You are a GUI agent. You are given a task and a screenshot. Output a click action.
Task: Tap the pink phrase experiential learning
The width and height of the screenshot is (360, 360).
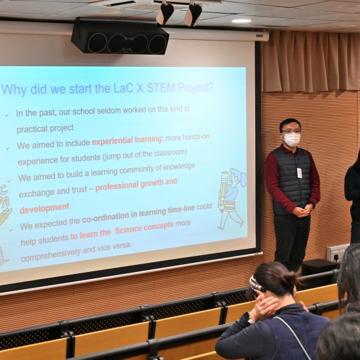coord(127,140)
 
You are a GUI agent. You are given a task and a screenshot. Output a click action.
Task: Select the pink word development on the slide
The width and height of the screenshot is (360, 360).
coord(44,208)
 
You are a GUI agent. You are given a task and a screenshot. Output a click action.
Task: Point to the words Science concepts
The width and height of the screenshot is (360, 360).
coord(144,228)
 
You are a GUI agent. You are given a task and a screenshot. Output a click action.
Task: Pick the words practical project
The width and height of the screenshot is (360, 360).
coord(45,129)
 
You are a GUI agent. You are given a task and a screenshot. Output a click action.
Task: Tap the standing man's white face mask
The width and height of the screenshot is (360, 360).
coord(291,139)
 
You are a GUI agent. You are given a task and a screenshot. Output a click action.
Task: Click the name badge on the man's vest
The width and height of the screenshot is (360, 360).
coord(300,173)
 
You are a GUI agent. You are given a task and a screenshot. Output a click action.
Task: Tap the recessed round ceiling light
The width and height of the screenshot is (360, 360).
coord(241,21)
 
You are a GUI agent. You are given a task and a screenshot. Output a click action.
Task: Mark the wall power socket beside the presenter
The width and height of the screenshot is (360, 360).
coord(337,253)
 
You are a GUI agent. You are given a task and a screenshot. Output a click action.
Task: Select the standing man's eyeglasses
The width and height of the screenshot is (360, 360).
coord(290,132)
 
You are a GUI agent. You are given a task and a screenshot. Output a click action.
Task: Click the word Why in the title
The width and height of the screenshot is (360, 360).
coord(14,89)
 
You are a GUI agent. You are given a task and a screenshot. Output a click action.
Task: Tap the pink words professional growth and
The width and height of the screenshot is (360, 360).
coord(136,185)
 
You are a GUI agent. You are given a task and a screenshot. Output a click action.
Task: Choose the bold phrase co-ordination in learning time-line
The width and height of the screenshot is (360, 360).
coord(138,214)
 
